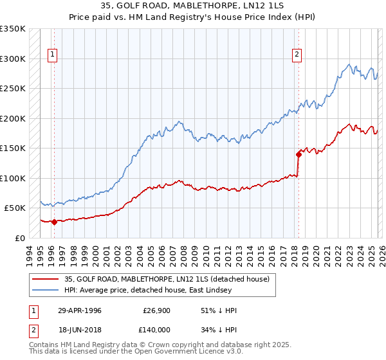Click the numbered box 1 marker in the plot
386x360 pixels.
52,55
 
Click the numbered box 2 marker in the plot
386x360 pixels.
297,55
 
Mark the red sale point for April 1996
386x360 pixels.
54,222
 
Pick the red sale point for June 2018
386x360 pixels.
299,154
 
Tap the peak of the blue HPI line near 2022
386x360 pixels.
349,64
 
